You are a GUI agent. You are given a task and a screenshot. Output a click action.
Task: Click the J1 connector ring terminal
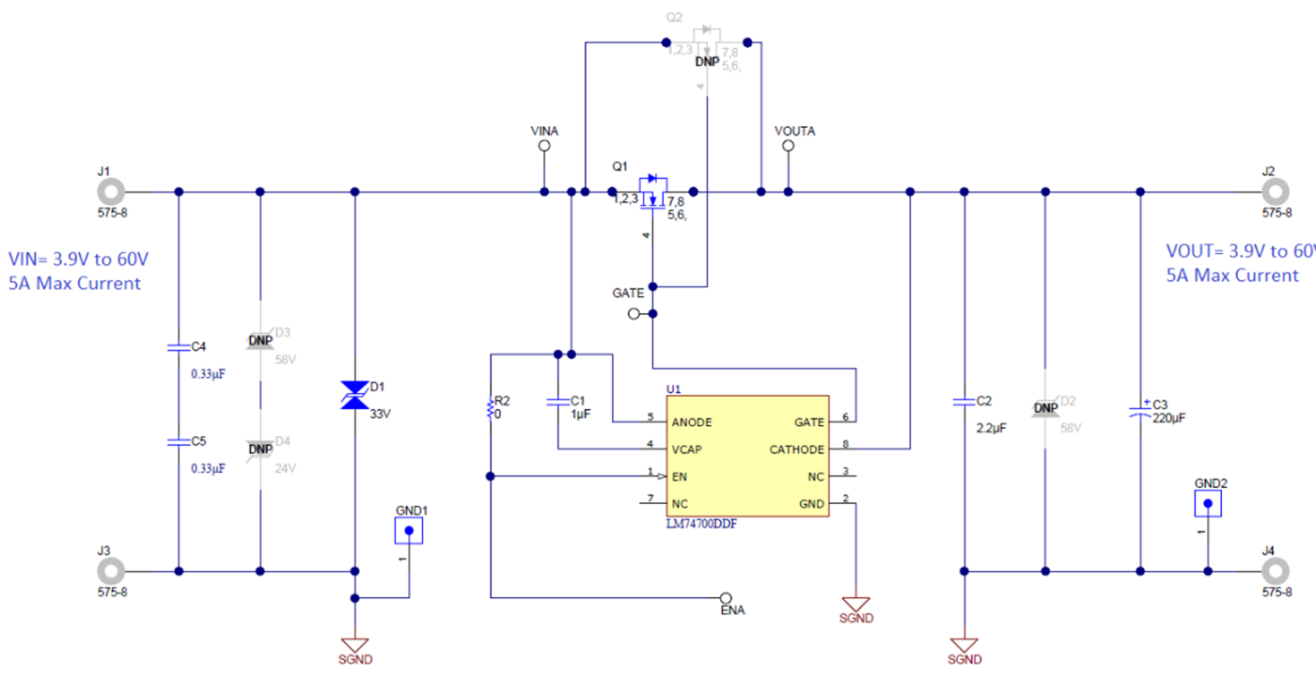coord(111,192)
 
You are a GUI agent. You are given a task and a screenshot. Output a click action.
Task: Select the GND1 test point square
coord(408,531)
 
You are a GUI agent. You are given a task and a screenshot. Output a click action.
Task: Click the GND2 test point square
coord(1208,503)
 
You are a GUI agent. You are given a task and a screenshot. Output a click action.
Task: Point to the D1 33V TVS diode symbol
coord(354,395)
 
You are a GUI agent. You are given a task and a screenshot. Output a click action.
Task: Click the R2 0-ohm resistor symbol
coord(490,409)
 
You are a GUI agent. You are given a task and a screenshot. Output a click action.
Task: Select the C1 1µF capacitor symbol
coord(558,402)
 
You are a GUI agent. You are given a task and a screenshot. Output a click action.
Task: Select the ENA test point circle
coord(725,597)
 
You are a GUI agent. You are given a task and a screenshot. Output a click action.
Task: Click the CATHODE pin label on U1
coord(796,450)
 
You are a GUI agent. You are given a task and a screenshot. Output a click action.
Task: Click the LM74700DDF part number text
coord(700,525)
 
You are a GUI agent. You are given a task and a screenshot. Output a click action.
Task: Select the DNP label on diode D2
coord(1045,409)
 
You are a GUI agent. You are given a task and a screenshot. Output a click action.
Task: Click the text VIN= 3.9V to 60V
coord(79,259)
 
